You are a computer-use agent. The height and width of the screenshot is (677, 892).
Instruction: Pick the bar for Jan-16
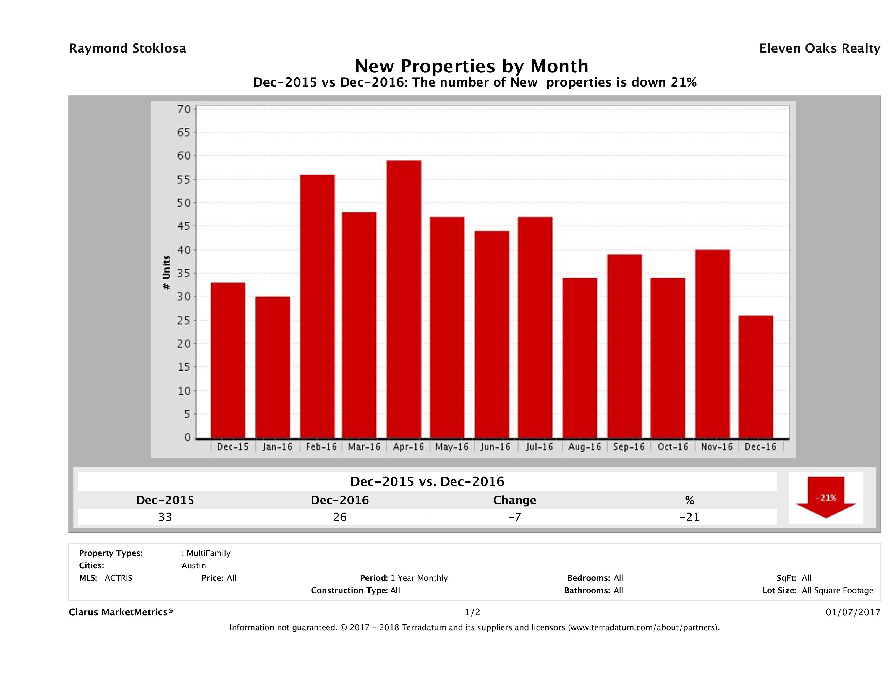[x=273, y=367]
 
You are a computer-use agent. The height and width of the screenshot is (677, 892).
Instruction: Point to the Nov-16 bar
[x=713, y=344]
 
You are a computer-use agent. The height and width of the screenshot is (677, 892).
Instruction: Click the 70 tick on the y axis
[x=184, y=109]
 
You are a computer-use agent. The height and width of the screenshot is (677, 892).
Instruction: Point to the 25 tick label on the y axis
[x=184, y=321]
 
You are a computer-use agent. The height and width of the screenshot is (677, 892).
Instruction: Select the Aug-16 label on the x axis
[x=584, y=447]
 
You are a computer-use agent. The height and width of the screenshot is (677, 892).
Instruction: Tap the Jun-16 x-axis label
[x=495, y=447]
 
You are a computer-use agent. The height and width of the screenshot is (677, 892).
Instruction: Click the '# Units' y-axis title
[x=166, y=273]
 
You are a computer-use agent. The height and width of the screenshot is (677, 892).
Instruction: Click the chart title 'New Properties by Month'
[x=471, y=66]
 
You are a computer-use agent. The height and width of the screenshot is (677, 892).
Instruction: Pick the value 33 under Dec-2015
[x=165, y=517]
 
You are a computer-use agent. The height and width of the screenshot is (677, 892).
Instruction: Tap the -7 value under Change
[x=515, y=517]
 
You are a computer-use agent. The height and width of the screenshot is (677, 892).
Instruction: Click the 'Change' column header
[x=515, y=500]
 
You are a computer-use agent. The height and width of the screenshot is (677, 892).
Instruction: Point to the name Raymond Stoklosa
[x=127, y=48]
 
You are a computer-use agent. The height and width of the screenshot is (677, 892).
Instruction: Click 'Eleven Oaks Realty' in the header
[x=820, y=48]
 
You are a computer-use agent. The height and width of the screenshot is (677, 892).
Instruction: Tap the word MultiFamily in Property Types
[x=208, y=553]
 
